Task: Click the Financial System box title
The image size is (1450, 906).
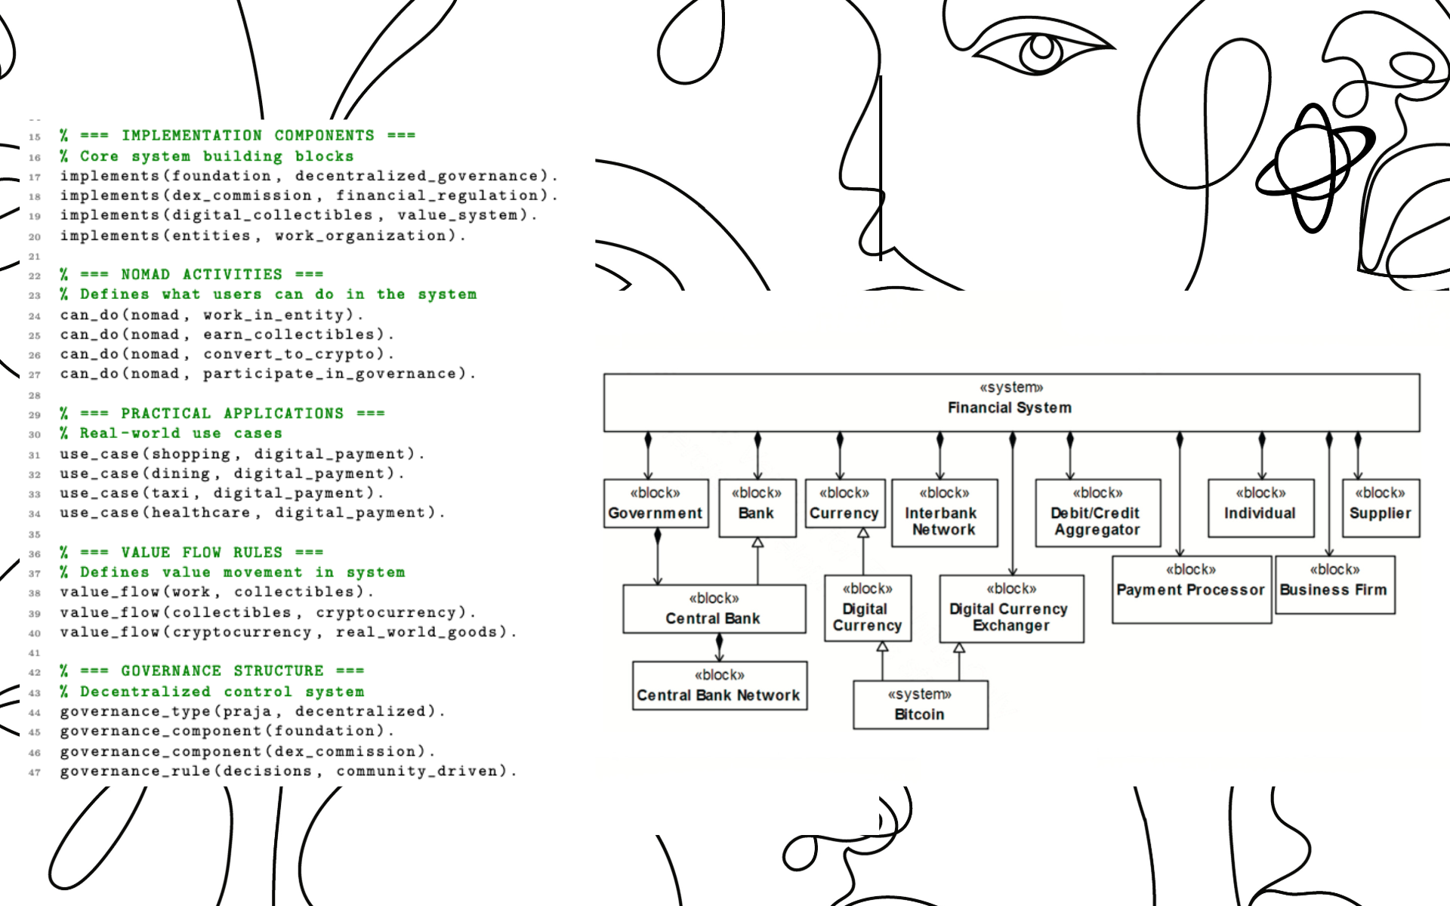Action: tap(1010, 408)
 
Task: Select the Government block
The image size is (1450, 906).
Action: tap(656, 504)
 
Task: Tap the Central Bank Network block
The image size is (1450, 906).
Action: tap(719, 686)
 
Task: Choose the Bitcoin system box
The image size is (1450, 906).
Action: tap(920, 704)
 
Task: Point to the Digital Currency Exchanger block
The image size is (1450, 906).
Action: tap(1011, 609)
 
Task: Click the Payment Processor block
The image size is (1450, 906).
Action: tap(1191, 590)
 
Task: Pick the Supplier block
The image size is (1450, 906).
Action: tap(1381, 508)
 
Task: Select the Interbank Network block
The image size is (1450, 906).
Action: tap(944, 513)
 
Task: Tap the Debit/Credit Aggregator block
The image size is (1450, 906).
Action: tap(1097, 513)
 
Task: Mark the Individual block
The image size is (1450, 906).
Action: tap(1260, 508)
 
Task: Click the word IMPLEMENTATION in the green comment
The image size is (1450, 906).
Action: tap(192, 136)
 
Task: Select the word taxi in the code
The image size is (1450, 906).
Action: tap(171, 494)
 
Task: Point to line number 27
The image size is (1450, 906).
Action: tap(35, 375)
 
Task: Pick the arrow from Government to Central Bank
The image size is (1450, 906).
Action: tap(658, 559)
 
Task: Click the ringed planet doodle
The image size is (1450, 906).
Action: tap(1313, 168)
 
